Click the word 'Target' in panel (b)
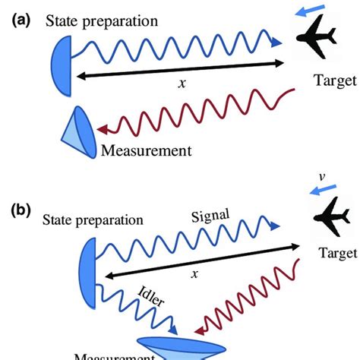click(x=334, y=271)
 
